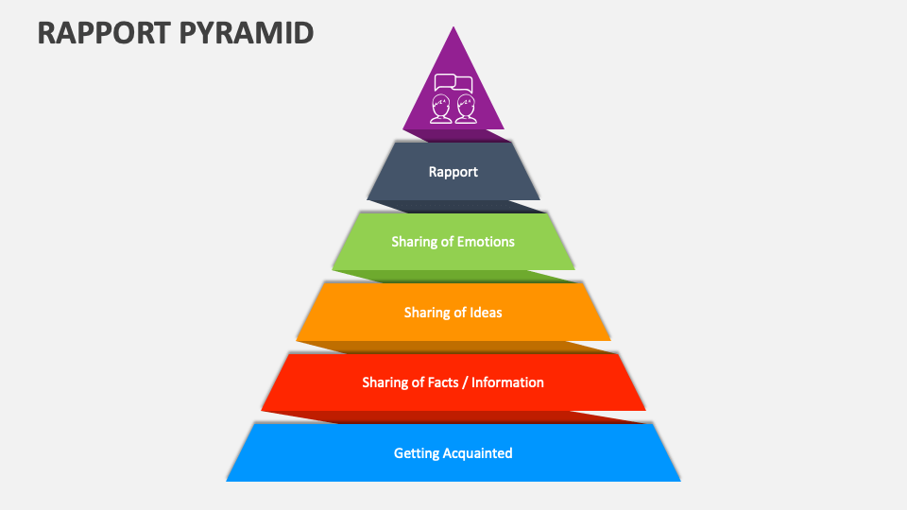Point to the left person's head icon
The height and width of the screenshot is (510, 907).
pos(440,106)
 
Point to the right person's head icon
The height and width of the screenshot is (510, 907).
pos(465,106)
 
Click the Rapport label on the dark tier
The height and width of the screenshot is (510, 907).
pos(453,172)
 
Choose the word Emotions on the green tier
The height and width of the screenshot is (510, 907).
pos(486,242)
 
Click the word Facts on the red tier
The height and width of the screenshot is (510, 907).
pos(442,382)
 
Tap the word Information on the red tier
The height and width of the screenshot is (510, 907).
pos(507,382)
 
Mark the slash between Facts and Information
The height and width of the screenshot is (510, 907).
pos(465,382)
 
